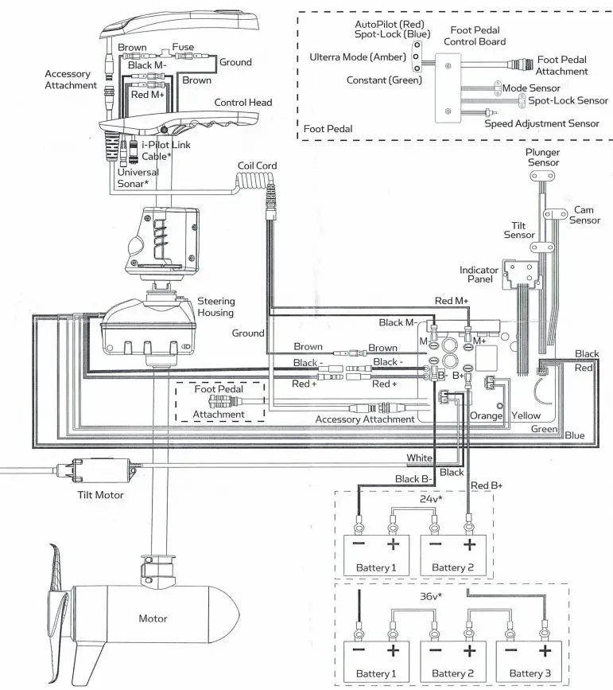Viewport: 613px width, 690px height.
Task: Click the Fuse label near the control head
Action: tap(184, 48)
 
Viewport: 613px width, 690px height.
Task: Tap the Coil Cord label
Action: tap(257, 166)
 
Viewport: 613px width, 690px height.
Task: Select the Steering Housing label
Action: tap(215, 306)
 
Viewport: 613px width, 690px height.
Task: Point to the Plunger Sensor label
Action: tap(543, 157)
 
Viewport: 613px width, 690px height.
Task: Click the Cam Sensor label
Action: tap(586, 215)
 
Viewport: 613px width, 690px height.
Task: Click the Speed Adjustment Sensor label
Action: tap(542, 123)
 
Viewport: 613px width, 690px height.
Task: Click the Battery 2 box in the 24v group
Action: tap(449, 556)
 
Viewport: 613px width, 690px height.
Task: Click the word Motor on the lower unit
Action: tap(153, 618)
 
